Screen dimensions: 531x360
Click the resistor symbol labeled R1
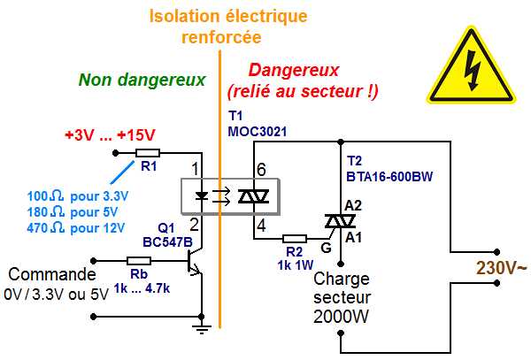coord(147,153)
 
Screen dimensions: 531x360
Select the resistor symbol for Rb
coord(139,261)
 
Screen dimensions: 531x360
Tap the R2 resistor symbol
coord(295,239)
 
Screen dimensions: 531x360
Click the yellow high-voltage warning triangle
coord(471,65)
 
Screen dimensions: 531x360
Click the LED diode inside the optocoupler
coord(202,195)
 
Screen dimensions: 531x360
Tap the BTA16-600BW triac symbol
coord(340,222)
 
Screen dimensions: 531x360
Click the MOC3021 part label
coord(258,131)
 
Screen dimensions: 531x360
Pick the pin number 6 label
coord(261,170)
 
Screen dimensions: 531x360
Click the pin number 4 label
coord(261,226)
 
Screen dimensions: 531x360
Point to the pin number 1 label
coord(195,168)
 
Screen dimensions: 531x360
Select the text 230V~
coord(502,268)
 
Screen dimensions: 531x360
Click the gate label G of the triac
coord(326,248)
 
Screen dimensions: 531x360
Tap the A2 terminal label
coord(353,205)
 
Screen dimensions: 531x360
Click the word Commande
coord(52,274)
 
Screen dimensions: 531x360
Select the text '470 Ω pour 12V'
coord(76,228)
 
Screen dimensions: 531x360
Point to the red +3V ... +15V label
coord(110,135)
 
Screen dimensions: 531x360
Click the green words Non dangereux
coord(142,80)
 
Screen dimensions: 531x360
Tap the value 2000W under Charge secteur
coord(341,317)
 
